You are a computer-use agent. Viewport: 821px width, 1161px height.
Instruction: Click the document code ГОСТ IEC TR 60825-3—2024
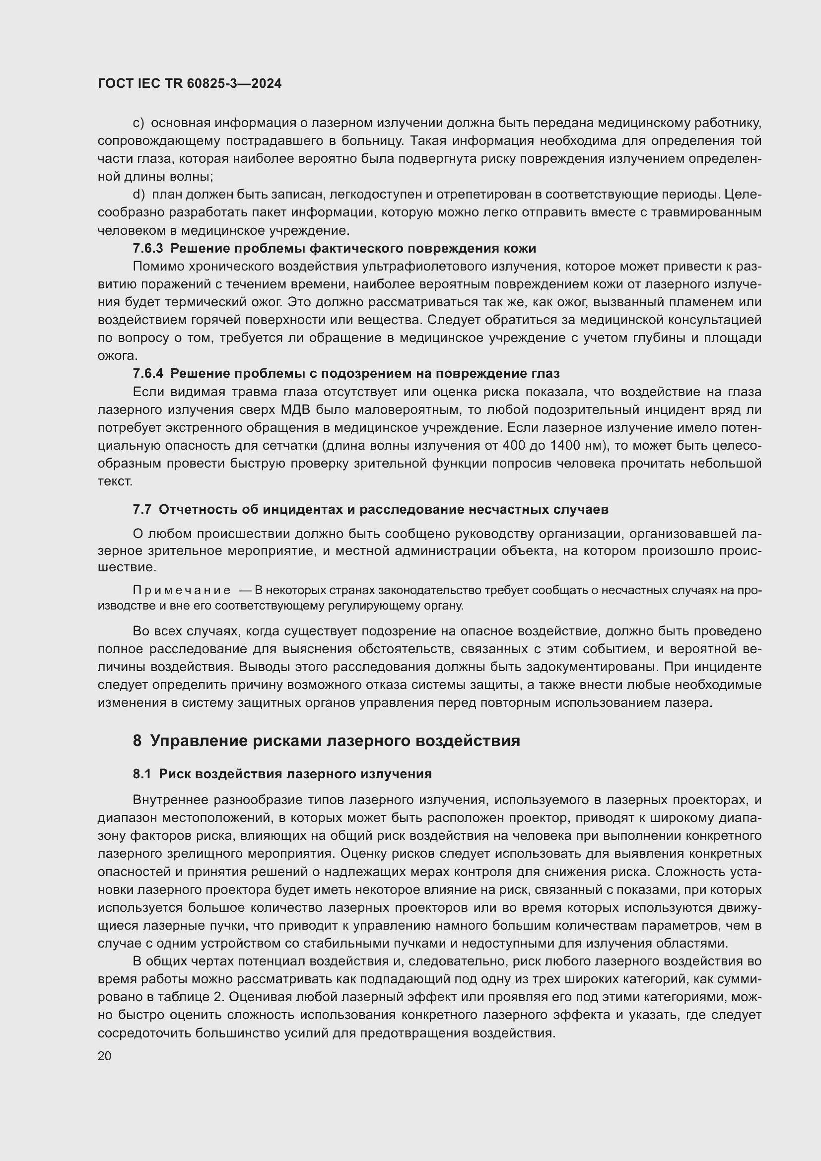pyautogui.click(x=190, y=83)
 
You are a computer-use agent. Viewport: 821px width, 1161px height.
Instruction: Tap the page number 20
pyautogui.click(x=104, y=1056)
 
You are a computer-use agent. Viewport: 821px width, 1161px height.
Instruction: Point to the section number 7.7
pyautogui.click(x=142, y=509)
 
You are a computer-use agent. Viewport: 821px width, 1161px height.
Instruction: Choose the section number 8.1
pyautogui.click(x=142, y=774)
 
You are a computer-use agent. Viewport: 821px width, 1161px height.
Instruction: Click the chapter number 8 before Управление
pyautogui.click(x=137, y=741)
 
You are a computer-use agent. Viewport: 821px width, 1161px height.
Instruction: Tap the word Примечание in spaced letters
pyautogui.click(x=182, y=591)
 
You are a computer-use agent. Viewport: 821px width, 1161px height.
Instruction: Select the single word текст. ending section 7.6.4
pyautogui.click(x=115, y=481)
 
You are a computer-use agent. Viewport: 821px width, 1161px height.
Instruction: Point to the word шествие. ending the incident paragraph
pyautogui.click(x=127, y=567)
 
